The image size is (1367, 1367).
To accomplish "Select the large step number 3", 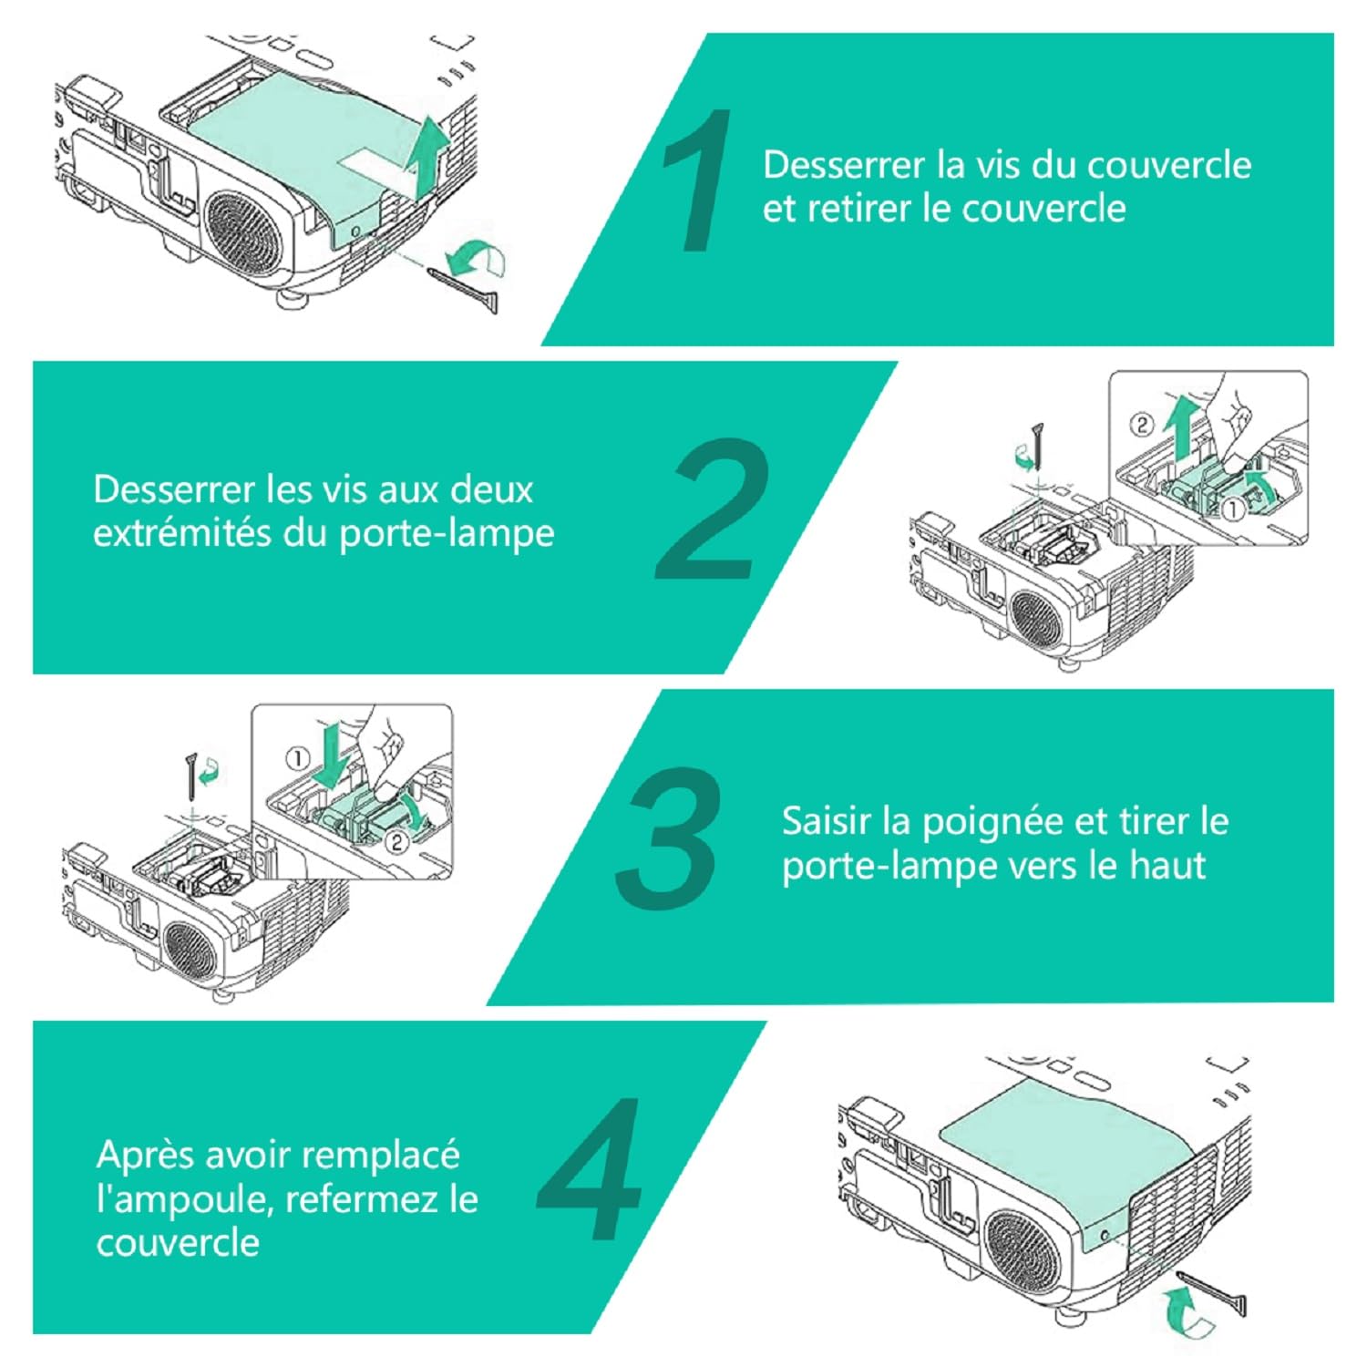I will point(670,838).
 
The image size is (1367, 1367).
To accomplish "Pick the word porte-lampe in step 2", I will point(447,533).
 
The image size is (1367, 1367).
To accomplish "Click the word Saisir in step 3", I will point(818,821).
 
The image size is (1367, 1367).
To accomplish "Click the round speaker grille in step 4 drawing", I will point(1023,1250).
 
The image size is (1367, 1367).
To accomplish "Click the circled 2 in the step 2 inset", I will point(1142,424).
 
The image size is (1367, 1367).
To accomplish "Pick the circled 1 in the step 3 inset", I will point(298,758).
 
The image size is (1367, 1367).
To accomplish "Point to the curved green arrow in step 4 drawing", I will point(1186,1313).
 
